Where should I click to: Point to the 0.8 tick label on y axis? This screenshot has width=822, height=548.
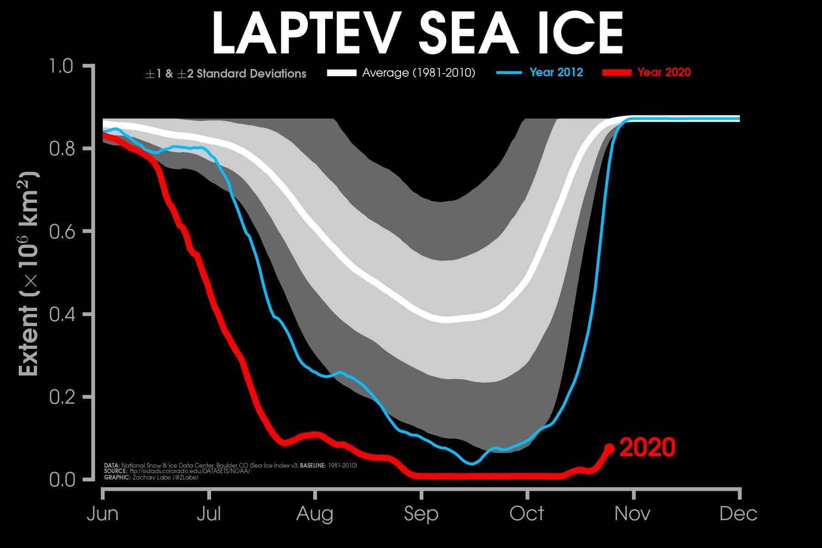click(61, 149)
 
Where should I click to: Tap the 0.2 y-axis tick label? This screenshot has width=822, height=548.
click(61, 397)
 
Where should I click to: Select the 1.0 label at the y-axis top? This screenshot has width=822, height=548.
click(61, 66)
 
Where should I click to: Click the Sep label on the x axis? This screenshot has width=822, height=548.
click(421, 514)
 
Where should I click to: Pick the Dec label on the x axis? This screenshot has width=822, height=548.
click(738, 514)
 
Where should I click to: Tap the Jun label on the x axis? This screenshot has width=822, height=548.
click(103, 514)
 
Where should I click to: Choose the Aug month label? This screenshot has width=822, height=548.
click(315, 514)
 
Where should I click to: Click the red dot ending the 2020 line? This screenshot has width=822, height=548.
click(609, 448)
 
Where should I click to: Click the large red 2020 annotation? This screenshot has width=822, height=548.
click(647, 448)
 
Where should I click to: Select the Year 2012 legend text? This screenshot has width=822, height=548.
click(556, 72)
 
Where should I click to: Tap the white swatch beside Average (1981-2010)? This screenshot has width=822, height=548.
click(342, 73)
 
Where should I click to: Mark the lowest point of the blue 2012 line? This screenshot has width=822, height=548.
click(472, 464)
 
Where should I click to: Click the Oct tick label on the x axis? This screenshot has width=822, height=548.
click(527, 514)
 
